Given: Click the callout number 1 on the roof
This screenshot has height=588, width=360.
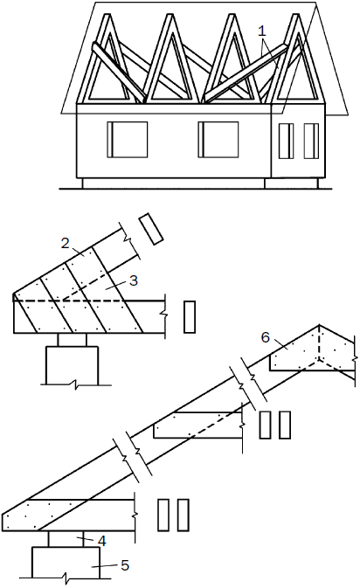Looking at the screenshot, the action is [x=262, y=31].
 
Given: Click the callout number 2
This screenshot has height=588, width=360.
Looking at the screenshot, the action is [x=66, y=244].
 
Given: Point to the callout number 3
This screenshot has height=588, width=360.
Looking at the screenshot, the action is [x=134, y=280].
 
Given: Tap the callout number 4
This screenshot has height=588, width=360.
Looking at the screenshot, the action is [x=101, y=540].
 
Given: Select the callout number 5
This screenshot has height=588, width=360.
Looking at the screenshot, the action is [x=125, y=565].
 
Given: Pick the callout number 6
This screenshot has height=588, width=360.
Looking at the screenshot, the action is [x=265, y=337].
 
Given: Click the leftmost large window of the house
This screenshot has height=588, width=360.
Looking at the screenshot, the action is [x=127, y=140].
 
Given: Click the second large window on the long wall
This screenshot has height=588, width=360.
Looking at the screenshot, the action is [x=218, y=139].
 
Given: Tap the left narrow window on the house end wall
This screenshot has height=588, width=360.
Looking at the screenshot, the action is [x=286, y=141].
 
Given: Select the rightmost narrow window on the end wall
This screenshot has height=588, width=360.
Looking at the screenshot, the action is [x=311, y=141].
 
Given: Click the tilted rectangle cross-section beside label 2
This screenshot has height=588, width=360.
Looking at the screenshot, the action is [x=151, y=229].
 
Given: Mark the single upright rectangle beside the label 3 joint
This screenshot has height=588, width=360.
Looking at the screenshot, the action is [x=190, y=317].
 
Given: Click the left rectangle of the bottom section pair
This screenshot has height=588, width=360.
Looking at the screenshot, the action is [x=163, y=515].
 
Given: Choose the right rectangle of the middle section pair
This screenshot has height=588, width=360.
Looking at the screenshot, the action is [x=285, y=425].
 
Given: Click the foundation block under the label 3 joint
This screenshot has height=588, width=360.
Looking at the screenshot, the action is [x=72, y=365].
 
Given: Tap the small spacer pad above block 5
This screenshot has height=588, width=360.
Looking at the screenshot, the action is [x=66, y=539].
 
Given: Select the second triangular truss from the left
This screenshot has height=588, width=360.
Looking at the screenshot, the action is [x=170, y=59].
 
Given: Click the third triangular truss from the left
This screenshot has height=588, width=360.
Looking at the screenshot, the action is [x=232, y=59].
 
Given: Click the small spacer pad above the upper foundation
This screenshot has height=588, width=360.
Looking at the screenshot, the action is [x=72, y=339].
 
